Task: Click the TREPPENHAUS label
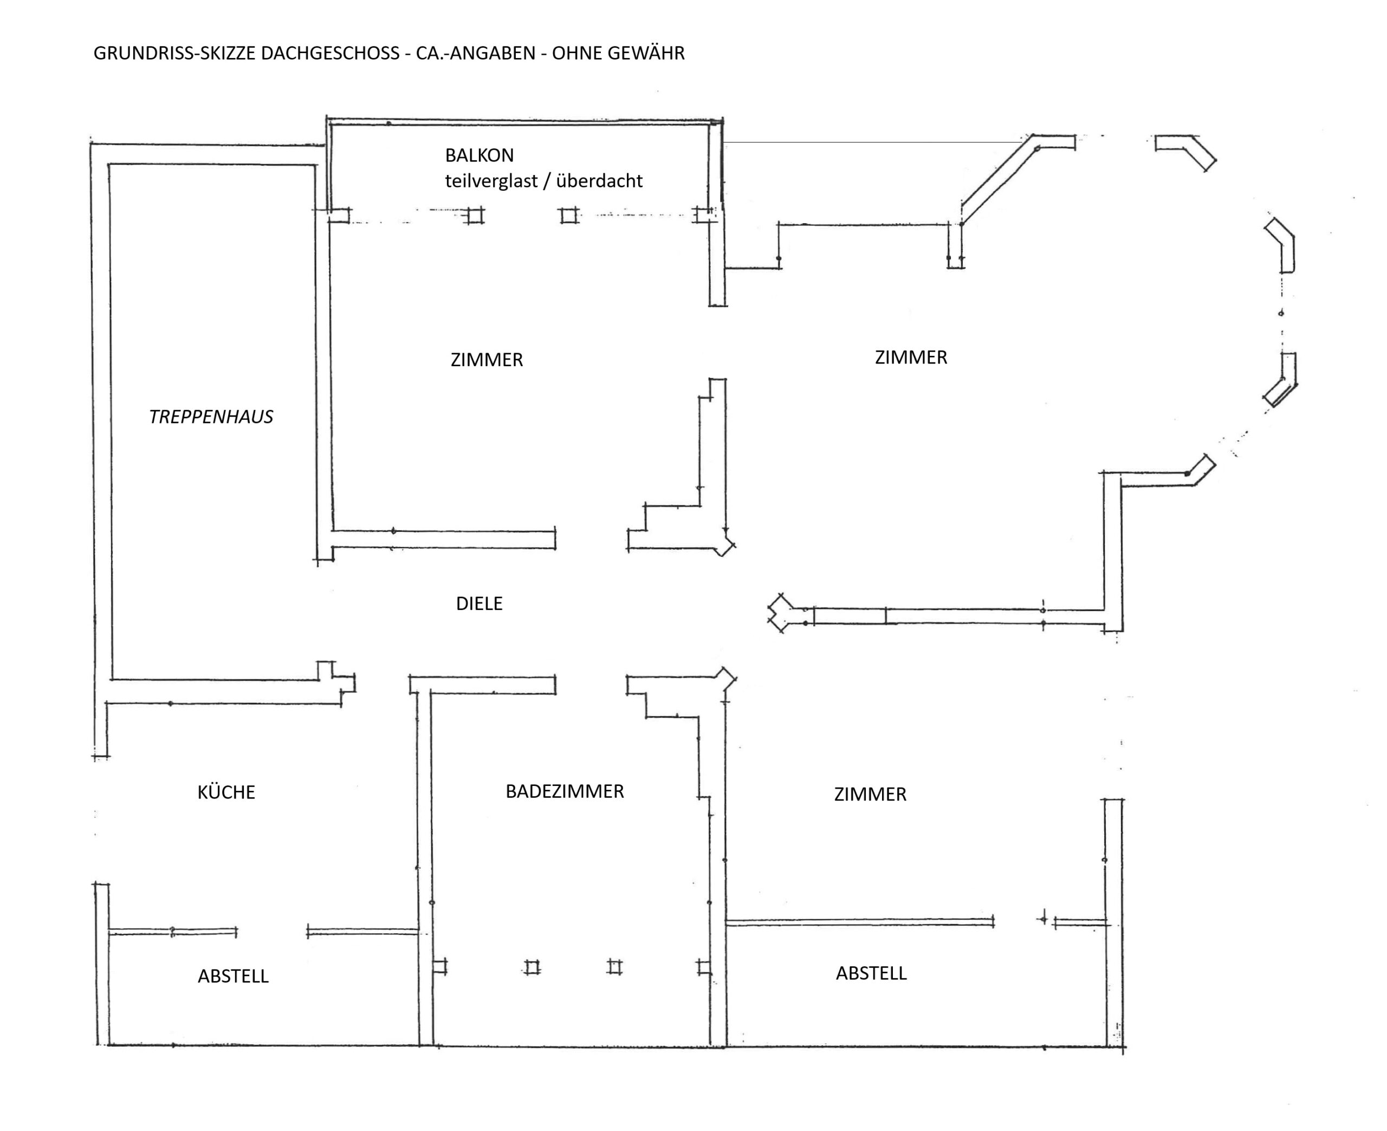pos(211,417)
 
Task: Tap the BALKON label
pos(479,155)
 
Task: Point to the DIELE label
pos(479,603)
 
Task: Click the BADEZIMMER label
pos(565,791)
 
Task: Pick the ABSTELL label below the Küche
pos(233,976)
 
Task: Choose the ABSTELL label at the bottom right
pos(871,973)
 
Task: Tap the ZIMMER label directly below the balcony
pos(487,360)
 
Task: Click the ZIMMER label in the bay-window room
pos(911,357)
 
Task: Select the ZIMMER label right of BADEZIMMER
pos(870,794)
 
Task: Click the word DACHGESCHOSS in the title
pos(330,53)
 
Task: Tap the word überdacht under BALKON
pos(599,180)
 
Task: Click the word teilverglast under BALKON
pos(491,181)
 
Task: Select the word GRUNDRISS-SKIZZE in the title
pos(174,53)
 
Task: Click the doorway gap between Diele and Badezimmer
pos(591,685)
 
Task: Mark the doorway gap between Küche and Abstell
pos(271,932)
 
